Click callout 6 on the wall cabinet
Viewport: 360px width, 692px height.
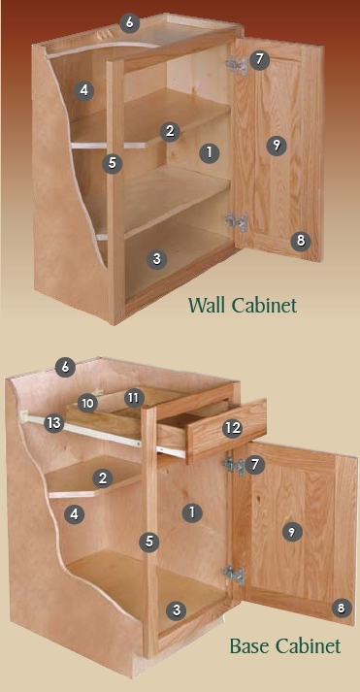tap(129, 23)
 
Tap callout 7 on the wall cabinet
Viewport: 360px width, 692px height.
tap(259, 59)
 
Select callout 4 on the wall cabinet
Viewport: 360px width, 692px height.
tap(84, 91)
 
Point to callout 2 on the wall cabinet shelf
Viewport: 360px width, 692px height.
tap(170, 132)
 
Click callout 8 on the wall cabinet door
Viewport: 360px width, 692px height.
tap(301, 241)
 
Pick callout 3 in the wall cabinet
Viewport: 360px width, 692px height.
tap(156, 259)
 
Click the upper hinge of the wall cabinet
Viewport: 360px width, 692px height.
tap(237, 65)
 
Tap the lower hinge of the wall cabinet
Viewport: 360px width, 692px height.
tap(238, 222)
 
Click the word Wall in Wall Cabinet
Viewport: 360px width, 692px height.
tap(208, 305)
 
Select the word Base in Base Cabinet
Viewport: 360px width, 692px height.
tap(248, 646)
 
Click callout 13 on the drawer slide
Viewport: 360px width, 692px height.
tap(53, 423)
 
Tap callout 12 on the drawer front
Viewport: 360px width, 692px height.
tap(233, 428)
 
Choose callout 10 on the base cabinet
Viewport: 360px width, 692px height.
tap(87, 403)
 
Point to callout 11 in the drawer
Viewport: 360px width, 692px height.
tap(134, 398)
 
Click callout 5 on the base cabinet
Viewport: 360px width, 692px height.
tap(149, 542)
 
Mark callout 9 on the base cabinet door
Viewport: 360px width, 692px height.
tap(292, 532)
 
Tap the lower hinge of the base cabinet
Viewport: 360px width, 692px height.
tap(234, 575)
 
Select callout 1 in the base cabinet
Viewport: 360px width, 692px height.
tap(192, 512)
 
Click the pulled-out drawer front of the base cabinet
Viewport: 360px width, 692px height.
tap(227, 430)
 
